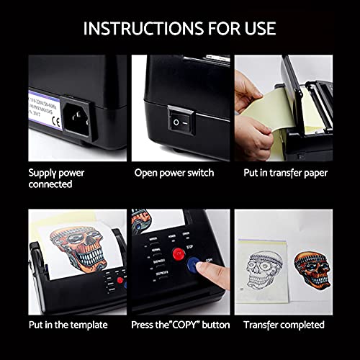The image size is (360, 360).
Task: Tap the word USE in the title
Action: [257, 29]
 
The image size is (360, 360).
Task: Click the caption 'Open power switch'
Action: [174, 174]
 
